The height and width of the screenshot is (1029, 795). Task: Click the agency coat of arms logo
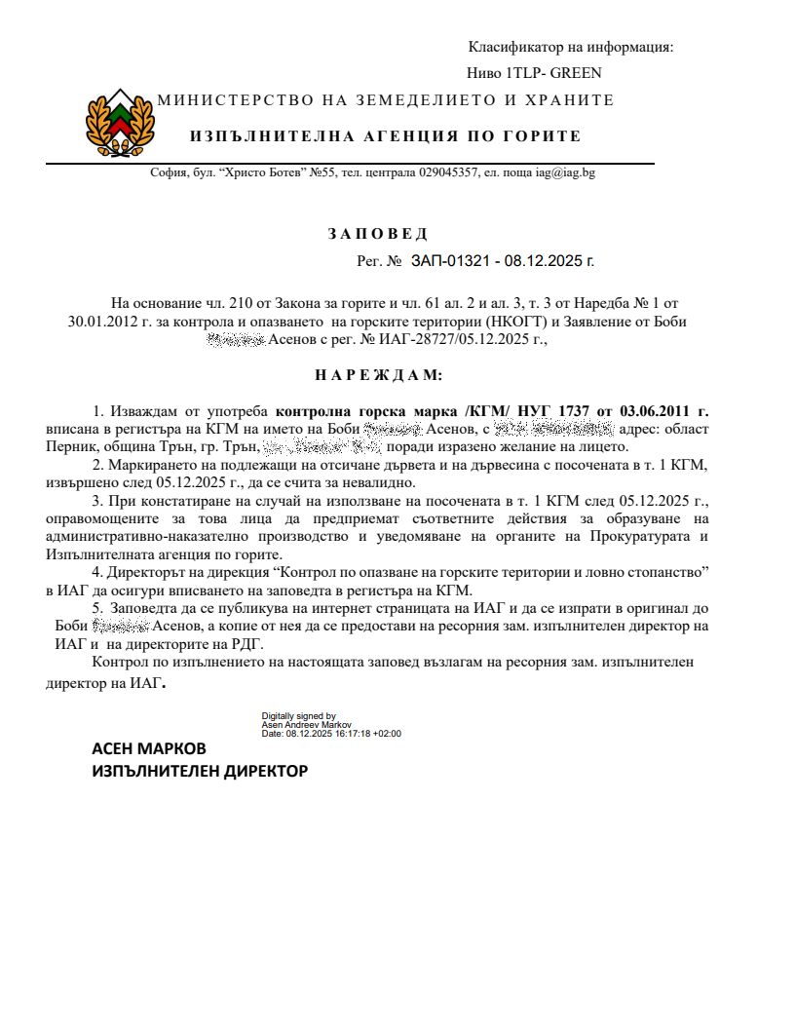click(x=121, y=122)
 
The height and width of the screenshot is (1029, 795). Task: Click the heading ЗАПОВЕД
click(x=377, y=234)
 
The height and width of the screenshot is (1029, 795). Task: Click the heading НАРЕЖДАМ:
click(x=378, y=374)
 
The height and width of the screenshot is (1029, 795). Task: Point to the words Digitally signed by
click(x=299, y=715)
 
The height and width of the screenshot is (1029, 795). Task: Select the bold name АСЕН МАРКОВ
click(x=149, y=748)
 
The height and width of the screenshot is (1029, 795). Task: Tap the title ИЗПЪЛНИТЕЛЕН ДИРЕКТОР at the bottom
click(x=200, y=771)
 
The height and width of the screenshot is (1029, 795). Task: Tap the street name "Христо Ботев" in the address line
click(x=263, y=172)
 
